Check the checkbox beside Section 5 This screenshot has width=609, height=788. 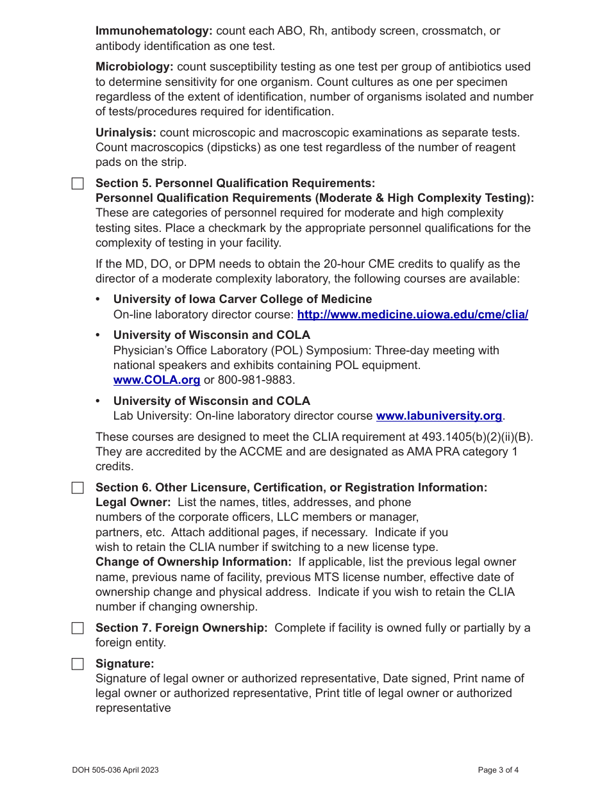[x=78, y=184]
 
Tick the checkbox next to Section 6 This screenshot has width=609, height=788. [x=78, y=488]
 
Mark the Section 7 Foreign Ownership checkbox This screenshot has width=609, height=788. [x=78, y=628]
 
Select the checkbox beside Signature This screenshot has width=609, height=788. [x=78, y=664]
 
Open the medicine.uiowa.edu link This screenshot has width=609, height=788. [x=413, y=315]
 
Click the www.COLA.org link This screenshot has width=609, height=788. [x=156, y=380]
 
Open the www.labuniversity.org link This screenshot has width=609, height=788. [x=438, y=416]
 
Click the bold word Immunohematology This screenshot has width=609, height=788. [x=154, y=31]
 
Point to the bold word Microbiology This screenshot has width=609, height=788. [x=135, y=67]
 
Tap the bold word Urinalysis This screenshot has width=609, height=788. [x=126, y=133]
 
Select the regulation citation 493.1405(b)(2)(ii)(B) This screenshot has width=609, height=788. [x=477, y=437]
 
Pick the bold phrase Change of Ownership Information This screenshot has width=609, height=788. [x=194, y=562]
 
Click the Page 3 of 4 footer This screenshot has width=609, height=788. [x=498, y=770]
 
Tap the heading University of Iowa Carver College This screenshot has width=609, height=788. [x=242, y=299]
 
